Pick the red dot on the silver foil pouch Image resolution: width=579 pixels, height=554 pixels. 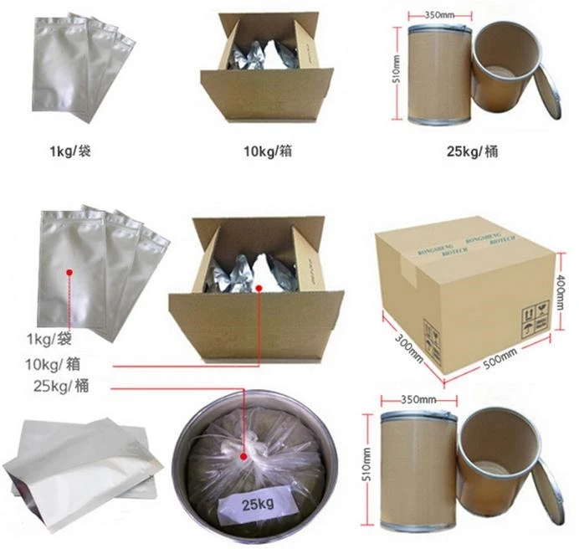tap(73, 272)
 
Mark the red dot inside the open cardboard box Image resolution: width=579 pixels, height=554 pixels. tap(259, 289)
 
